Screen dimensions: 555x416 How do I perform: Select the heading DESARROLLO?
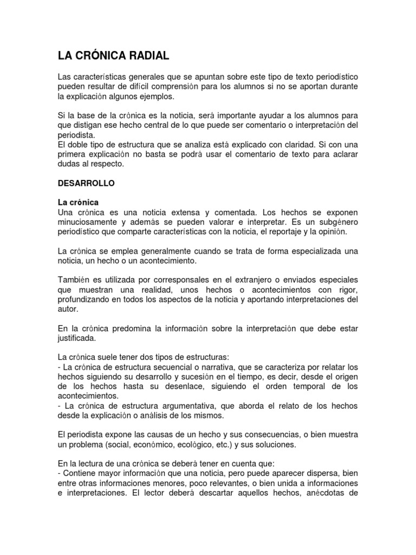click(86, 183)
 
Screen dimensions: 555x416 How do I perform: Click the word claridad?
click(282, 145)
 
